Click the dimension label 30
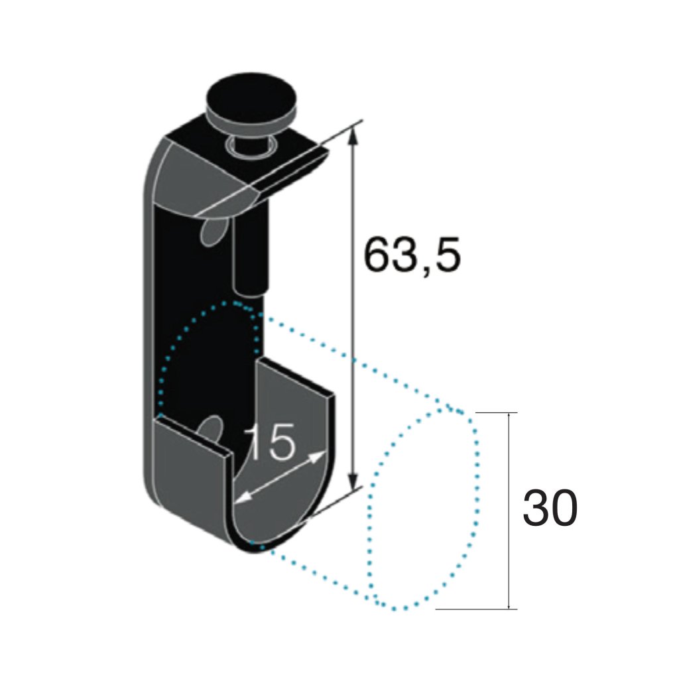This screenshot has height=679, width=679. (550, 509)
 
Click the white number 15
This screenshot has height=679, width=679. (270, 443)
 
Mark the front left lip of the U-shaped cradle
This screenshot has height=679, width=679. (192, 464)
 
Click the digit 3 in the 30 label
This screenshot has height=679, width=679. (535, 509)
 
